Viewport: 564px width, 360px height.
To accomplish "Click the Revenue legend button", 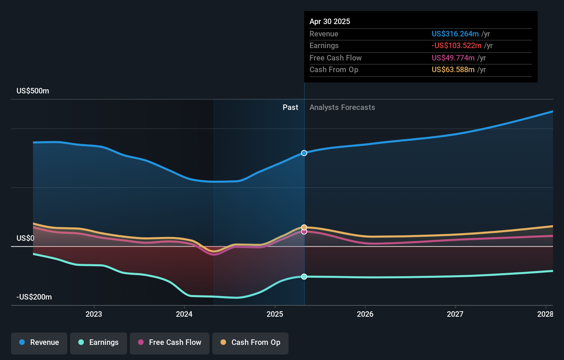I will (39, 342).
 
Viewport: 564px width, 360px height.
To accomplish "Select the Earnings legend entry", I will (99, 342).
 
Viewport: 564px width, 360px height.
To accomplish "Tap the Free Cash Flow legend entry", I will (170, 342).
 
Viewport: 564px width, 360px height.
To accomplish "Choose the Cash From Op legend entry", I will (250, 342).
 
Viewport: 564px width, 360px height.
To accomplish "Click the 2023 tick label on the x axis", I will (94, 314).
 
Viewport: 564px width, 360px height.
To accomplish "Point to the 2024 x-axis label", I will (184, 314).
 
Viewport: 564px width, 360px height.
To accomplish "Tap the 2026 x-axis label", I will (365, 314).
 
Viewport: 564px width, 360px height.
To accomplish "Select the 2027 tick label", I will (455, 314).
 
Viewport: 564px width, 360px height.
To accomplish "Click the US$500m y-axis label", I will (33, 91).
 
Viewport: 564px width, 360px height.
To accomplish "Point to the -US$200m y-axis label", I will (34, 297).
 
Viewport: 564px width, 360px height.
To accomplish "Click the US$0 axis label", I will (25, 238).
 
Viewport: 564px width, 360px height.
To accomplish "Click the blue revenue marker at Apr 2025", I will (304, 153).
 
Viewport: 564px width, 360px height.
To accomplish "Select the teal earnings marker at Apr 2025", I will (304, 277).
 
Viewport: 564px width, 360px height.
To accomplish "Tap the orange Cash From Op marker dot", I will (304, 227).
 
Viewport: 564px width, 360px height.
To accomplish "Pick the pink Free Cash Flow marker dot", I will (304, 232).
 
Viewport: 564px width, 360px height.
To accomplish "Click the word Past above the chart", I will (290, 108).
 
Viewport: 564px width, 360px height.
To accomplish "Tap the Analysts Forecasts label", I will (342, 108).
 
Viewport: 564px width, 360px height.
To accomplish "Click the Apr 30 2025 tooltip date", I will (330, 22).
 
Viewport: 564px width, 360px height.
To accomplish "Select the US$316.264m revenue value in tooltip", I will (455, 34).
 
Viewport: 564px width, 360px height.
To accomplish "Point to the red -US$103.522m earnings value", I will (456, 46).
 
